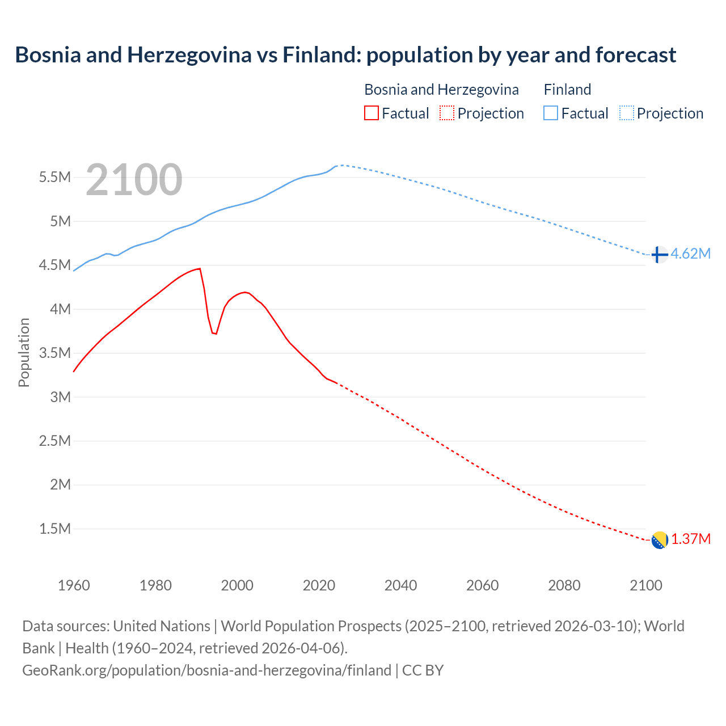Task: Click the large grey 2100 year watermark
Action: [x=134, y=180]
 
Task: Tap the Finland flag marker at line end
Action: [x=659, y=255]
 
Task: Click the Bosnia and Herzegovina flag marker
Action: [x=659, y=541]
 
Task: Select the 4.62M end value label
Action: [x=690, y=254]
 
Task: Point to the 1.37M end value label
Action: [x=691, y=539]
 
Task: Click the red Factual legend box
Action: [x=371, y=113]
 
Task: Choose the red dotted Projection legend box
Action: [x=447, y=113]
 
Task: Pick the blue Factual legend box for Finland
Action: [x=550, y=113]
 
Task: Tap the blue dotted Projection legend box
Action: [x=626, y=113]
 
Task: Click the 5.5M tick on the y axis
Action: [x=54, y=177]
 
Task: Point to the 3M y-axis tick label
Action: [x=60, y=397]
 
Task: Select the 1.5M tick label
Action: [x=54, y=529]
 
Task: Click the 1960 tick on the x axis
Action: [x=74, y=585]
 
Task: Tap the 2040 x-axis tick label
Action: [x=400, y=585]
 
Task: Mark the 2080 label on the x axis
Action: [x=564, y=585]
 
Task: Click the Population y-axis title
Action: [x=24, y=352]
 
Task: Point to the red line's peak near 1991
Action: [x=200, y=268]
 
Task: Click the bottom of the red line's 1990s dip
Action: [x=215, y=334]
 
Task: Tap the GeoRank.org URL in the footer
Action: [x=206, y=670]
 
